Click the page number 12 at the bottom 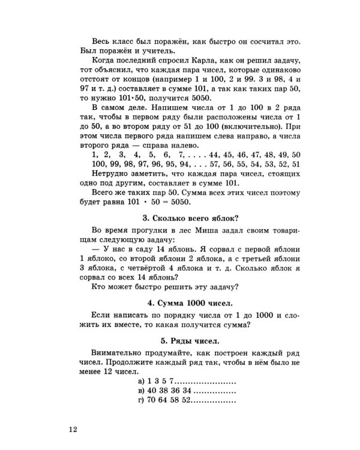point(73,430)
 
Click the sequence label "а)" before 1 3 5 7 point(141,380)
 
